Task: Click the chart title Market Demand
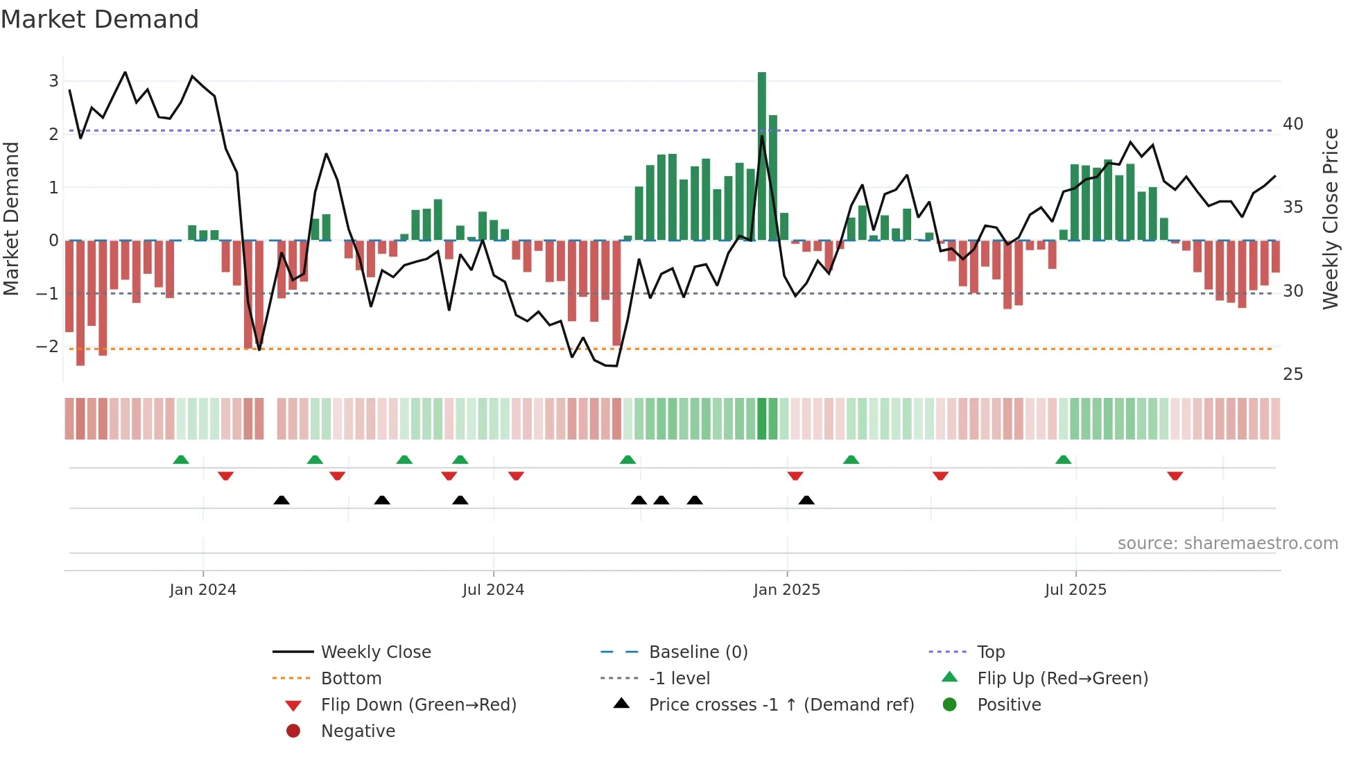[x=100, y=19]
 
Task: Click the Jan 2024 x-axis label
[x=202, y=590]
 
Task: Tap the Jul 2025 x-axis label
[x=1075, y=590]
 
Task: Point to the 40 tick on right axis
[x=1292, y=124]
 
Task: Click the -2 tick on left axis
[x=48, y=347]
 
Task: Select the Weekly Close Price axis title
[x=1330, y=218]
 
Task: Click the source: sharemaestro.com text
[x=1227, y=544]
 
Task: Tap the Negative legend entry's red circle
[x=293, y=731]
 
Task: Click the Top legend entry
[x=990, y=652]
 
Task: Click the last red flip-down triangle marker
[x=1175, y=476]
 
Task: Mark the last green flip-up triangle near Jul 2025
[x=1063, y=460]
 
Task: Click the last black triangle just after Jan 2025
[x=806, y=500]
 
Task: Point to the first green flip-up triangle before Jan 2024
[x=180, y=460]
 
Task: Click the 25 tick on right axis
[x=1292, y=374]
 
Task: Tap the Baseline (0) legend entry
[x=698, y=652]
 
